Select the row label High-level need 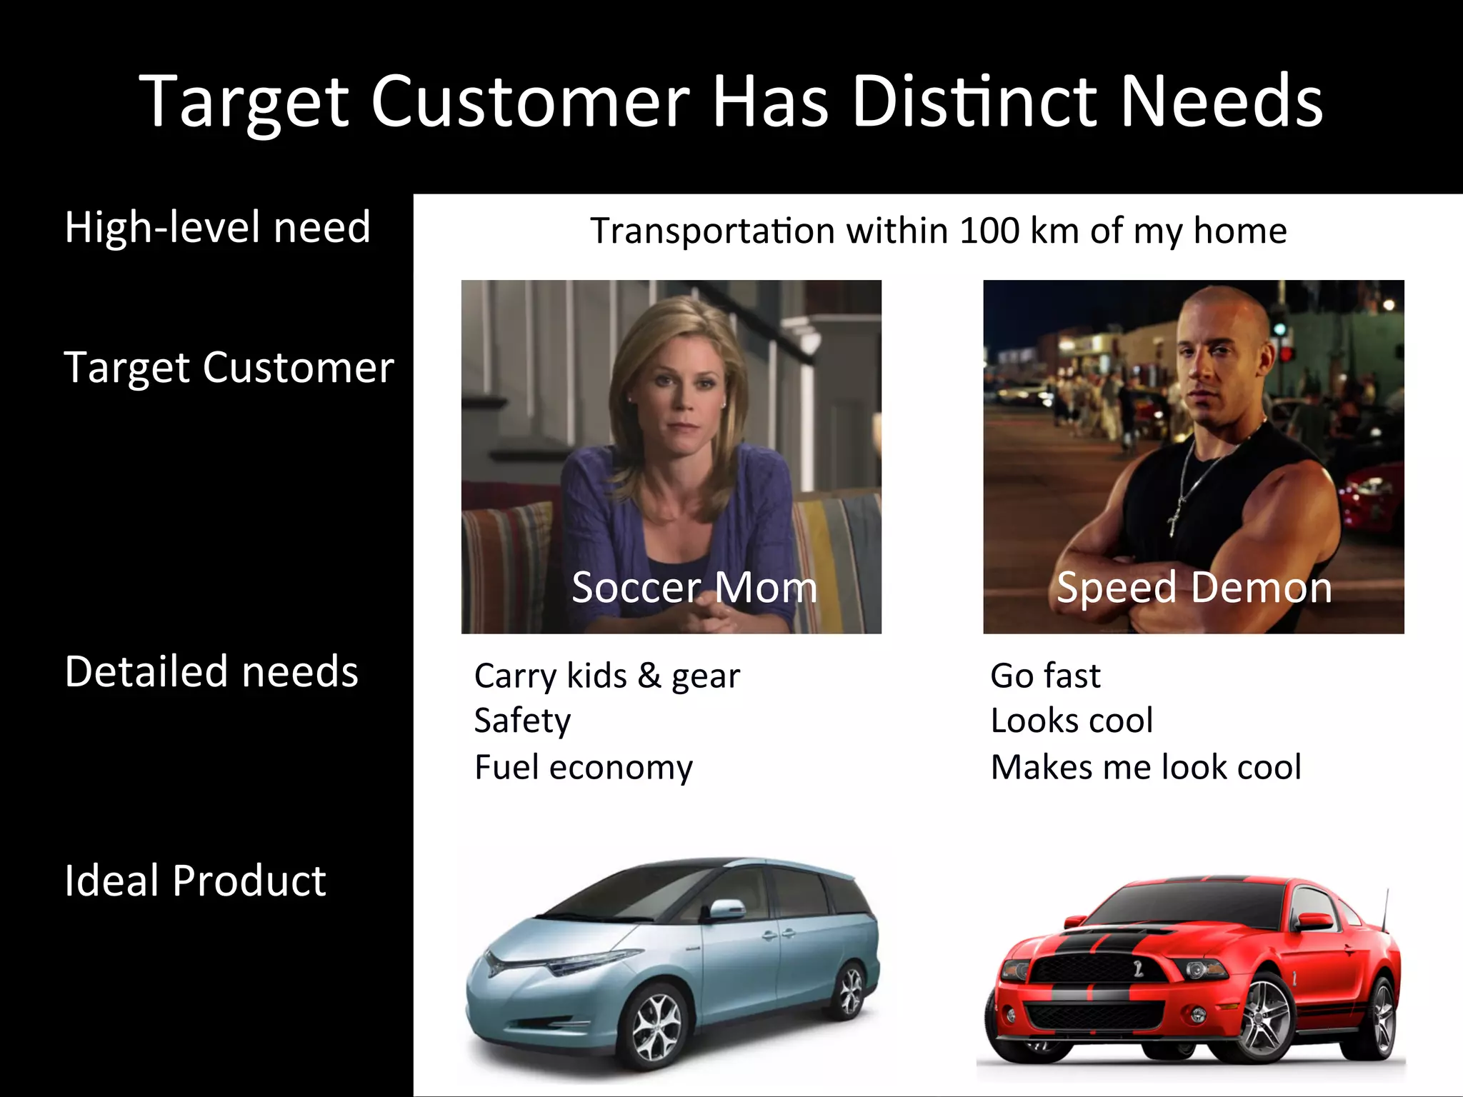point(218,227)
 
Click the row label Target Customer point(229,368)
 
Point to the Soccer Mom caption point(694,588)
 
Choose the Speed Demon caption point(1194,588)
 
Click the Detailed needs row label point(211,672)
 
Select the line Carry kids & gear point(607,676)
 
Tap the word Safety point(522,721)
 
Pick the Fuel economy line point(584,768)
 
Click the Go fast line point(1045,676)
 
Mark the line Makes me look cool point(1146,768)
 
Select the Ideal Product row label point(195,880)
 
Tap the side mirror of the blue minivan point(725,909)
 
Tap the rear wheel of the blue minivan point(850,989)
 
